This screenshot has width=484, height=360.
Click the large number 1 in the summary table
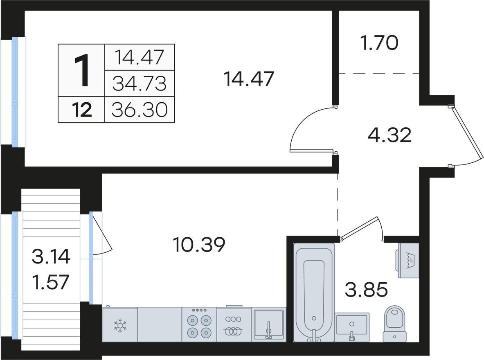82,70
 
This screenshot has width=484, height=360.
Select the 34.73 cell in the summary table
140,84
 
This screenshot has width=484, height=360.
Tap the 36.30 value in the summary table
140,110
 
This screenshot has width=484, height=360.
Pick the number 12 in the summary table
82,110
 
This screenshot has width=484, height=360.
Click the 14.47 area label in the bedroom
249,79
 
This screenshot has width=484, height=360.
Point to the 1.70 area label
379,43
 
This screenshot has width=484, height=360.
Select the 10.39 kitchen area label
199,245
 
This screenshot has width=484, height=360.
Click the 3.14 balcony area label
51,257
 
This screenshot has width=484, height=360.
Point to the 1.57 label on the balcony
51,282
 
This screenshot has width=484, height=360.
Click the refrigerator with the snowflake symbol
120,324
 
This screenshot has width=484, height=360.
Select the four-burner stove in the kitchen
199,324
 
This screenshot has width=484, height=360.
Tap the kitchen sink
268,324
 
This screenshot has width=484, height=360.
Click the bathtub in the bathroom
314,292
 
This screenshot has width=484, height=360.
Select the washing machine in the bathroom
408,260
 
